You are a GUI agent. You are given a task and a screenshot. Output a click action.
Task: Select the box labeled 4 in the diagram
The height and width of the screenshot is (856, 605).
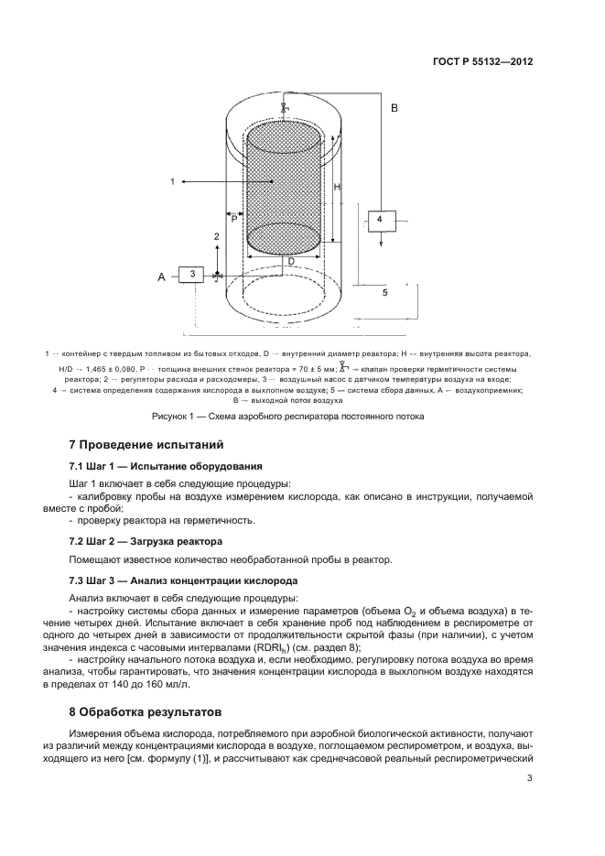[x=379, y=219]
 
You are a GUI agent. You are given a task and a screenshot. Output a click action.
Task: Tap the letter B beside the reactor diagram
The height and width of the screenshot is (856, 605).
[x=394, y=108]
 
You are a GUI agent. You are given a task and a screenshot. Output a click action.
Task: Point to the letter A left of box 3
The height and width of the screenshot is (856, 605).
[x=162, y=276]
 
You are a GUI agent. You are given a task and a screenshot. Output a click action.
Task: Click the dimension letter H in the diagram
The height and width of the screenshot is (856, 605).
[x=338, y=187]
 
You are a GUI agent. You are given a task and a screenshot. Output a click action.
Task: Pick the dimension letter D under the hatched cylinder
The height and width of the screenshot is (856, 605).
[x=291, y=261]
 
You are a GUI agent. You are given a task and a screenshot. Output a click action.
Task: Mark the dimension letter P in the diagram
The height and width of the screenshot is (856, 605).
[x=234, y=219]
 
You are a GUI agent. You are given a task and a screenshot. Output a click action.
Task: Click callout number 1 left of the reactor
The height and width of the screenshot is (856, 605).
[x=172, y=182]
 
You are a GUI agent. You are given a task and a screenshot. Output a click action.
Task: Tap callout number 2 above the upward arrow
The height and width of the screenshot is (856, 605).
[x=216, y=237]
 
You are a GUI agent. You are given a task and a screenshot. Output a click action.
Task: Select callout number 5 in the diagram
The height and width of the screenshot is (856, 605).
[x=384, y=292]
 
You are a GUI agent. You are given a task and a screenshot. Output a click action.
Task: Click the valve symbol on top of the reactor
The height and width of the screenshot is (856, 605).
[x=285, y=108]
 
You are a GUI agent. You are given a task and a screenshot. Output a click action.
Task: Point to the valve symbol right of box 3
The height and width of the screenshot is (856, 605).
[x=217, y=276]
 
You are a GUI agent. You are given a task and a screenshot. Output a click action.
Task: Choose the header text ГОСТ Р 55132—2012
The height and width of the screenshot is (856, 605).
[x=482, y=62]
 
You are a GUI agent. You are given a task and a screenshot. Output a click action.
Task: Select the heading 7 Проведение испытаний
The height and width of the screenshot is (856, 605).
[x=146, y=445]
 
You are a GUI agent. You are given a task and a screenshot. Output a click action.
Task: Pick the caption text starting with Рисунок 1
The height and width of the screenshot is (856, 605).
[x=287, y=417]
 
